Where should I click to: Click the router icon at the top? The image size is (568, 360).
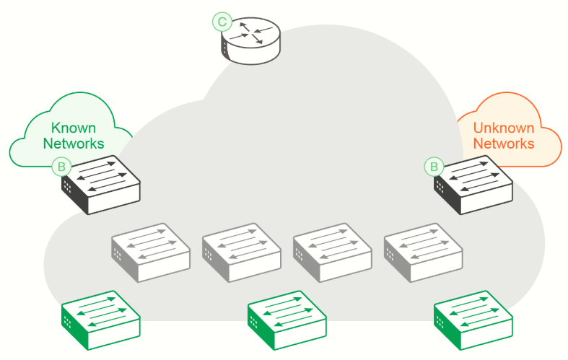point(250,40)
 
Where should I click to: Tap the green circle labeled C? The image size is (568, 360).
point(222,22)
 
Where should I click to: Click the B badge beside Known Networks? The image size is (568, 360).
point(61,167)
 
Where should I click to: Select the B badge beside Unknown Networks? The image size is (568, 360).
point(434,167)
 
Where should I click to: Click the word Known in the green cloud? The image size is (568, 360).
point(74,128)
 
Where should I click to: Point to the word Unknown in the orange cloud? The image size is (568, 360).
point(504,128)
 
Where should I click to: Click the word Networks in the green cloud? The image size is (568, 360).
point(74,144)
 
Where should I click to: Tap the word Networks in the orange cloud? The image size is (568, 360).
point(504,144)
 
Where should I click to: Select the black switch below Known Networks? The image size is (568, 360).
point(101,185)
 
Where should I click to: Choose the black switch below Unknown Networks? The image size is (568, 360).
point(473,185)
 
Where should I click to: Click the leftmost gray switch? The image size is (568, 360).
point(151,253)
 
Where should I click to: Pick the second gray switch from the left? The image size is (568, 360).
point(242,253)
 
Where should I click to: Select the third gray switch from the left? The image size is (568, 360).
point(332,253)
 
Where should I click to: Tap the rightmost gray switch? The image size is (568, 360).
point(423,253)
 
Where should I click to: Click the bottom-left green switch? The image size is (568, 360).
point(101,320)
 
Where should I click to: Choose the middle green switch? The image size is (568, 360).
point(287,320)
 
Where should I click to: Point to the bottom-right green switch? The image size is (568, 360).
point(473,320)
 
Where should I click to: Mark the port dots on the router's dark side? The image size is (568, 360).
point(225,48)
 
